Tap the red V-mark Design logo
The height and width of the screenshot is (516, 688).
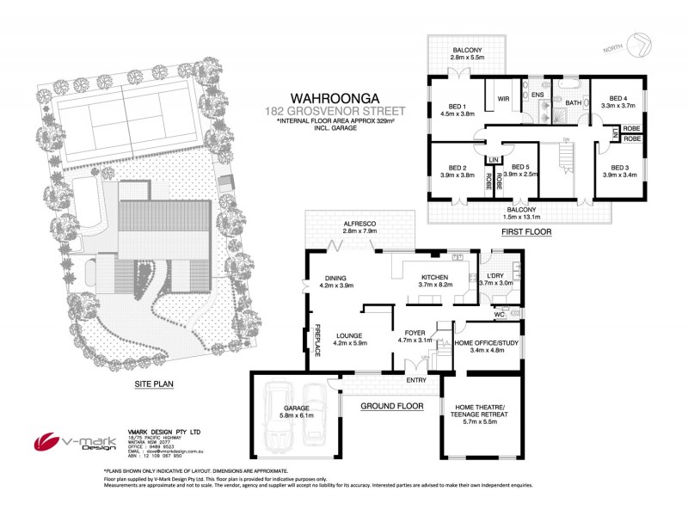tap(50, 441)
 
